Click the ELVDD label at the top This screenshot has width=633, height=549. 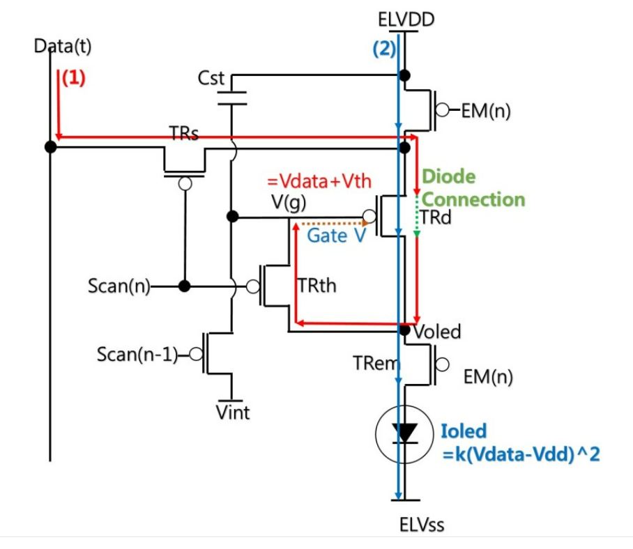[x=404, y=19]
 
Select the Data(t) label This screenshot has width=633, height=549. [x=63, y=46]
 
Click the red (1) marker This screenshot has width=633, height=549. [x=73, y=77]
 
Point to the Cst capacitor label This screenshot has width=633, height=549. [x=212, y=77]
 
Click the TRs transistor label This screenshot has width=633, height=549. [x=184, y=134]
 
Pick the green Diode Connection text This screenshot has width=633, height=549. [x=473, y=188]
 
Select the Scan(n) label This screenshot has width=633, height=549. [x=119, y=286]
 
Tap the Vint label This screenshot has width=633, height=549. [x=233, y=412]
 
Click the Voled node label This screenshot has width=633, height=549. [x=436, y=332]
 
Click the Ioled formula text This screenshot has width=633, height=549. [x=519, y=443]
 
